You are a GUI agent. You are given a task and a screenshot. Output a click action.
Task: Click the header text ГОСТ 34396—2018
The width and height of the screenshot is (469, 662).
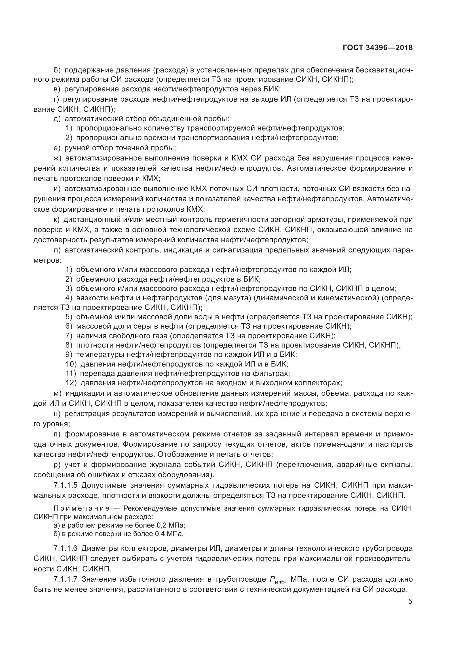pyautogui.click(x=377, y=48)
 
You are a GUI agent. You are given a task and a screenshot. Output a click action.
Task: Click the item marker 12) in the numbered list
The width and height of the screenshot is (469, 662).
pyautogui.click(x=71, y=383)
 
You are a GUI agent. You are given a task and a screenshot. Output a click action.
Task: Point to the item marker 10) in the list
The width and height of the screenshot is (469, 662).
pyautogui.click(x=71, y=364)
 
